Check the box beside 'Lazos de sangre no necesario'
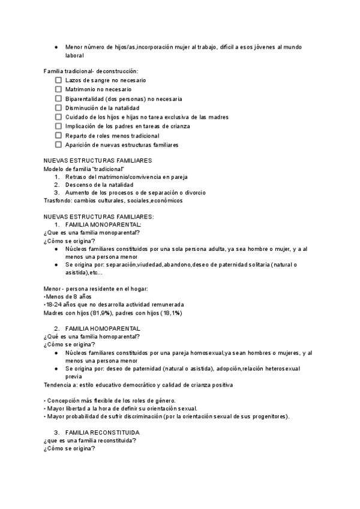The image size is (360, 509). [58, 80]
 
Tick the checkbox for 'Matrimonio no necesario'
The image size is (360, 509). [58, 89]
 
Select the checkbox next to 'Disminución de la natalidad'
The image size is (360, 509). [58, 108]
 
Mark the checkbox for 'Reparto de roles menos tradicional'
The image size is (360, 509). [58, 136]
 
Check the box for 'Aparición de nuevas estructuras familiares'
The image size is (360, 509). [58, 145]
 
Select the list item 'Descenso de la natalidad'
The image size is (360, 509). [99, 185]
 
